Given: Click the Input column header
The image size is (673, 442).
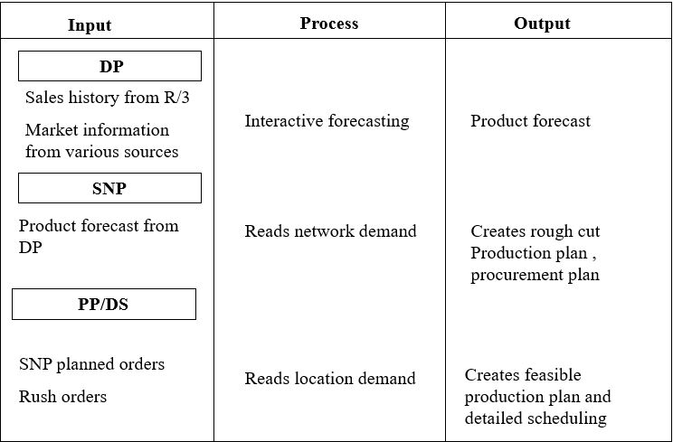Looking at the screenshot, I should click(x=90, y=24).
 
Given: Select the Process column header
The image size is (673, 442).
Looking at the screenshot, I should click(x=329, y=24).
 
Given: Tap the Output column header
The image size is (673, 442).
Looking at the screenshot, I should click(x=542, y=24).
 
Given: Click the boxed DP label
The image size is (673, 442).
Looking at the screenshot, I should click(x=110, y=66).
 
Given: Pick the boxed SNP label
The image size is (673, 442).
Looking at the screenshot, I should click(x=110, y=188).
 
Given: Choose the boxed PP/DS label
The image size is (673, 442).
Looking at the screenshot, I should click(x=103, y=304).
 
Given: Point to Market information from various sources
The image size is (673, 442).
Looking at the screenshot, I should click(x=101, y=141).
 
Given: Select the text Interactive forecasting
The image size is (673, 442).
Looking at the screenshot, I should click(x=327, y=120).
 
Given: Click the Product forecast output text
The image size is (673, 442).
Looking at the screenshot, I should click(x=530, y=120).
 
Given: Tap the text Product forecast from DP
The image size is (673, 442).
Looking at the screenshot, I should click(x=98, y=235).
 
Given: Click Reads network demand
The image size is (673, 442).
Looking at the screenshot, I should click(x=330, y=231).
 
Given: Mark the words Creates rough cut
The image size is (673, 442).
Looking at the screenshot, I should click(x=535, y=231).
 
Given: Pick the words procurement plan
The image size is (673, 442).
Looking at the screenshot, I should click(x=535, y=275).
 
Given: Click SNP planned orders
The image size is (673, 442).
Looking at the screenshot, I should click(x=91, y=364).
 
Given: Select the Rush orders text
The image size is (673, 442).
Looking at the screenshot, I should click(x=62, y=397).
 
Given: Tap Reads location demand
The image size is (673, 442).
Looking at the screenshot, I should click(x=329, y=378).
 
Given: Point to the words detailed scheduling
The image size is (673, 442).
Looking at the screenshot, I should click(x=535, y=418).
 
